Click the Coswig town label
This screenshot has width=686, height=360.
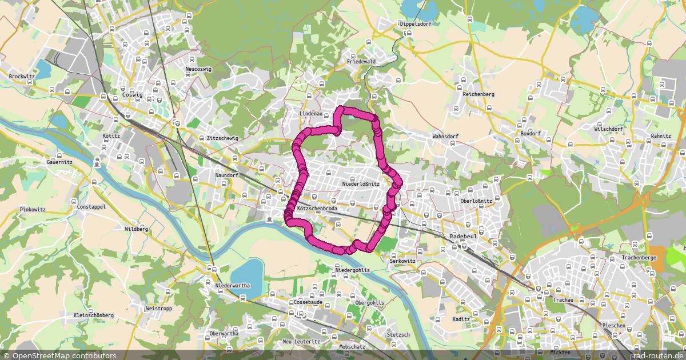click(x=132, y=95)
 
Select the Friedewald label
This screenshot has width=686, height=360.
click(x=361, y=61)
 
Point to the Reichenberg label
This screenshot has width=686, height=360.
click(x=478, y=94)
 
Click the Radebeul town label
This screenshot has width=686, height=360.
click(x=464, y=235)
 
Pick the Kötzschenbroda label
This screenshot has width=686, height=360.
click(x=317, y=209)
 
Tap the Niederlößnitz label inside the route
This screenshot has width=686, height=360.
click(x=360, y=183)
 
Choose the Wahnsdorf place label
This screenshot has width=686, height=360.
click(x=446, y=137)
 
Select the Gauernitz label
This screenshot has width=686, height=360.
click(x=59, y=162)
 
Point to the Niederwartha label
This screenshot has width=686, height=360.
click(x=234, y=285)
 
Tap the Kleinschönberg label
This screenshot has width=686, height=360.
click(x=94, y=315)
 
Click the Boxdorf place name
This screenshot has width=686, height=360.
click(x=531, y=134)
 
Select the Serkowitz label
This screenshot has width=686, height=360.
click(x=402, y=261)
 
